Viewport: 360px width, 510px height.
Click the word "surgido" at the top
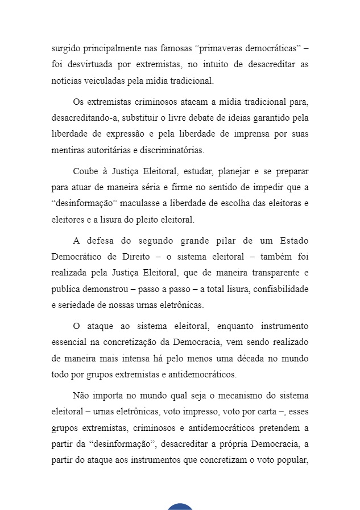pos(65,47)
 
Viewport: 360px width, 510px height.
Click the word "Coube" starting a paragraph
pos(85,171)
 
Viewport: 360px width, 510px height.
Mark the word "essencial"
pos(68,343)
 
